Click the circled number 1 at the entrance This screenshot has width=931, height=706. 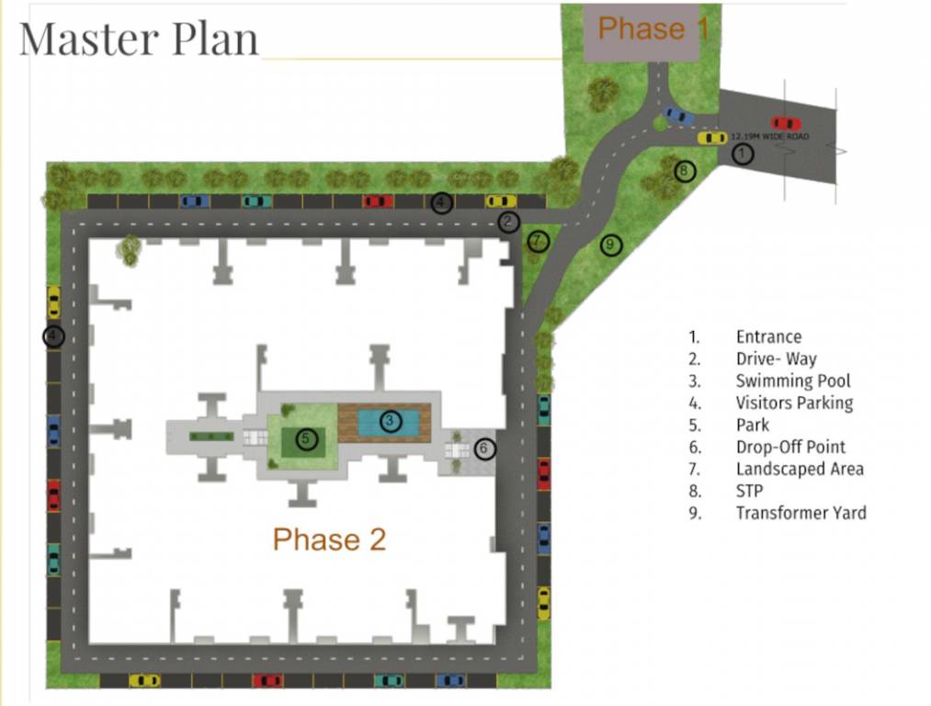point(743,154)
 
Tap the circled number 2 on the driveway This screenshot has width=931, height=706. point(509,222)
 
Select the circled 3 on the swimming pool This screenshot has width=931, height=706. point(390,421)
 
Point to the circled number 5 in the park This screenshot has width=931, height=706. point(305,439)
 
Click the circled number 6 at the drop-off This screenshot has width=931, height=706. point(485,450)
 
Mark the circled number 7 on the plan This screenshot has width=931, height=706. point(539,242)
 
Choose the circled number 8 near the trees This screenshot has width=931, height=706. point(684,171)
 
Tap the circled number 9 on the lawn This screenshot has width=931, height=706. point(610,245)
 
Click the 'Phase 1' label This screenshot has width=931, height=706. point(653,28)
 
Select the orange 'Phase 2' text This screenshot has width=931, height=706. point(329,540)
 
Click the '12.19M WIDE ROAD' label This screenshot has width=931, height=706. point(770,136)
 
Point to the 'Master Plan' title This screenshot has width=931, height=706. point(139,40)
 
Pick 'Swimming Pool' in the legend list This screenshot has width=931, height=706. point(793,381)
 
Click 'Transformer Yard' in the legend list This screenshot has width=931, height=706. point(800,513)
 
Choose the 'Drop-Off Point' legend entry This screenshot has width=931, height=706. point(790,447)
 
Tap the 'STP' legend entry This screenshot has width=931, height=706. point(751,491)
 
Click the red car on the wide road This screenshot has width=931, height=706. point(785,123)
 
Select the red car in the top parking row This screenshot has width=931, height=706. point(377,201)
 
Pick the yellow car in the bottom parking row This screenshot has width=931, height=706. point(144,680)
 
